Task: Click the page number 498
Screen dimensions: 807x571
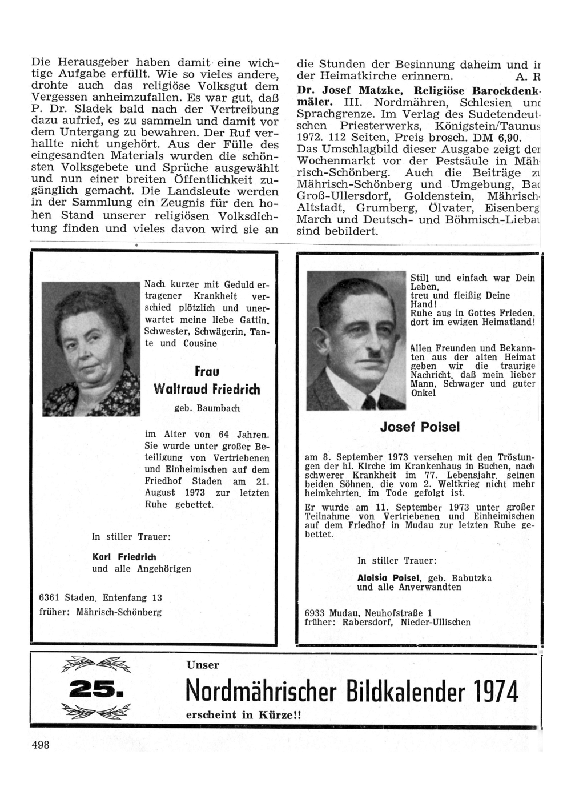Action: tap(41, 745)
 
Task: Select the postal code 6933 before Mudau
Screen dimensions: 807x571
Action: tap(316, 613)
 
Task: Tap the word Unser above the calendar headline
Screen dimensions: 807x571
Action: tap(203, 665)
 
